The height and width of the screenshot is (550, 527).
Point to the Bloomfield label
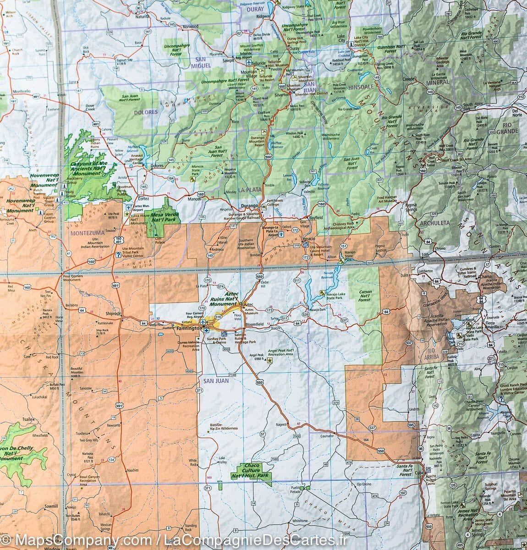point(254,324)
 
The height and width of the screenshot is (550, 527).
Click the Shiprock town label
point(113,313)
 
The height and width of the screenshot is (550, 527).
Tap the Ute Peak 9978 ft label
point(113,215)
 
